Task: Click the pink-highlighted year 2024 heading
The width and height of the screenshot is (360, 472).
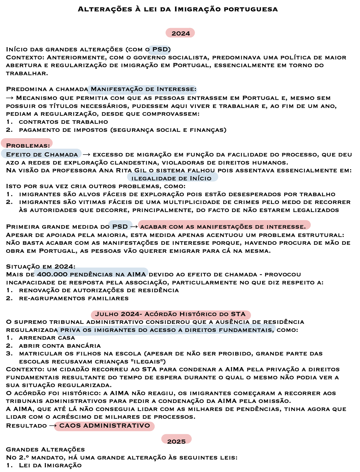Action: [181, 33]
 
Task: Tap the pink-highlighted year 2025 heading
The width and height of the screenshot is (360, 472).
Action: [176, 441]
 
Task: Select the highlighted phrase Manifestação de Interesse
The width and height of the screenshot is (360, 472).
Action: [143, 89]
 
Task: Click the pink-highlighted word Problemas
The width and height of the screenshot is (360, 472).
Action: [28, 145]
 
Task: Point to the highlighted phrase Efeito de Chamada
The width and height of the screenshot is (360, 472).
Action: [42, 154]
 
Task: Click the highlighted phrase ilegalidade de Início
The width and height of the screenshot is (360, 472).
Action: [171, 178]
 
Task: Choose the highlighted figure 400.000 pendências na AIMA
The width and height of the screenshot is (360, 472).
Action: [92, 274]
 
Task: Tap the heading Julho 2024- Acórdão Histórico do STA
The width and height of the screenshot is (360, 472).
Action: [170, 314]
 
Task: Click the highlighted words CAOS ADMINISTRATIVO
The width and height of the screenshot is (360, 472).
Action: [105, 425]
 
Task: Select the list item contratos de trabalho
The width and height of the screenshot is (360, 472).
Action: [63, 122]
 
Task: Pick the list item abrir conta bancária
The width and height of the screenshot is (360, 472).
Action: [60, 345]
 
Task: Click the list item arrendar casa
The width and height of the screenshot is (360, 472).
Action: [47, 338]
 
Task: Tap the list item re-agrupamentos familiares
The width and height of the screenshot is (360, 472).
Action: [74, 298]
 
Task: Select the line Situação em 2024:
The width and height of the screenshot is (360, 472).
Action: [40, 266]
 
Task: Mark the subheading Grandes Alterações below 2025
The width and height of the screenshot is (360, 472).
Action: [45, 449]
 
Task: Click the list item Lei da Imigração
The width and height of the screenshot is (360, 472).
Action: [50, 465]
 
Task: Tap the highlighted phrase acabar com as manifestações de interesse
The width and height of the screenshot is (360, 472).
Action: [223, 226]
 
